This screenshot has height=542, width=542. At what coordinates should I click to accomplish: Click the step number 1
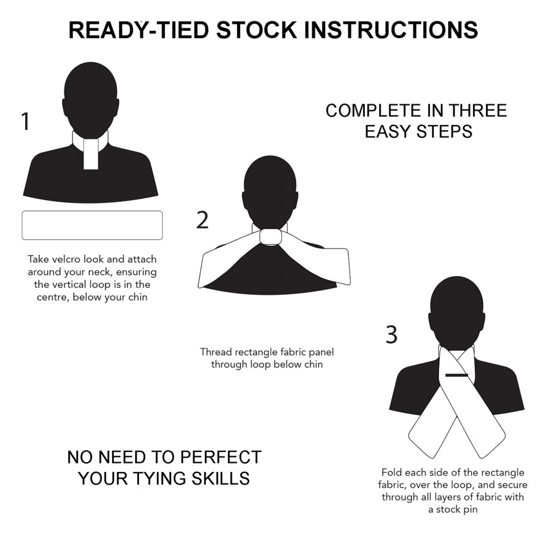(x=25, y=122)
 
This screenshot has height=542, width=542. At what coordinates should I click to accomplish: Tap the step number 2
(x=203, y=220)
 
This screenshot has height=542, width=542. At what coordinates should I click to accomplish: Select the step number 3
(x=391, y=335)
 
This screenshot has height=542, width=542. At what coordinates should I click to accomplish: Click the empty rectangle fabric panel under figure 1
(x=92, y=225)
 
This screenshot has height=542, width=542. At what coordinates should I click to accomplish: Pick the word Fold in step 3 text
(x=392, y=472)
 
